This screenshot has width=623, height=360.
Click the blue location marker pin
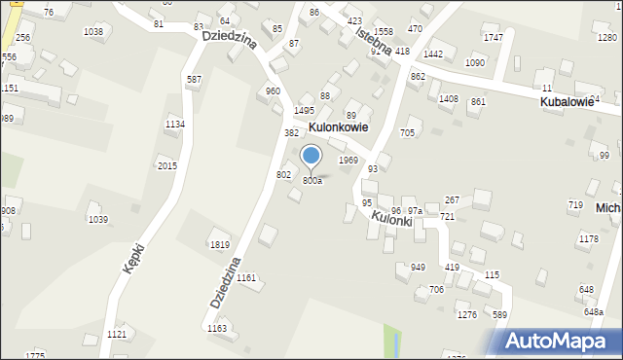311,157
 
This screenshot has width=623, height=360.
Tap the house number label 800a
311,181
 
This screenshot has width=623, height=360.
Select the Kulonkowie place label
338,126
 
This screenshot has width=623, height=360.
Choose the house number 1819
220,245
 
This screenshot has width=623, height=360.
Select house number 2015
167,166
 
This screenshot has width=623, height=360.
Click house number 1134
175,125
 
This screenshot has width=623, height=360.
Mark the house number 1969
348,160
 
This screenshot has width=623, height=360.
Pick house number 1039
98,220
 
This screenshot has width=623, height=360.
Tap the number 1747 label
494,37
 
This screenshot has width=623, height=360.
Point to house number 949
418,268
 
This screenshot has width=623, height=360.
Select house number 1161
246,278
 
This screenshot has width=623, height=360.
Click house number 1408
449,99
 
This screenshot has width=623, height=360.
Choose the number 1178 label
588,238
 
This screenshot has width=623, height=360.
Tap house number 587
195,80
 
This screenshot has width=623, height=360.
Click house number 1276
467,314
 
